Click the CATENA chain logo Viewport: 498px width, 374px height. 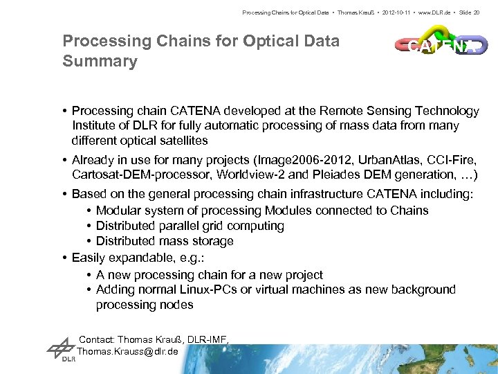441,45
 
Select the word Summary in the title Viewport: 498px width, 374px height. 100,62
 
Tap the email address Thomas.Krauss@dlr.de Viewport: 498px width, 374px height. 128,351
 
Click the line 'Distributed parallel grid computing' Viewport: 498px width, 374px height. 190,226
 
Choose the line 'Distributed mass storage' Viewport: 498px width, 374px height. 165,241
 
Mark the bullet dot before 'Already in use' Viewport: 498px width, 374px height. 65,159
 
